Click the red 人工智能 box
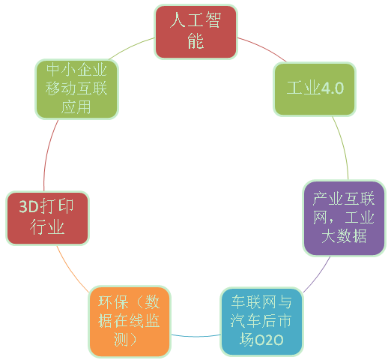tap(195, 31)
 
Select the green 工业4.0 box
tap(315, 89)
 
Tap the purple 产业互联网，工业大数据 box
tap(345, 218)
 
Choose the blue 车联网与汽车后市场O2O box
tap(261, 322)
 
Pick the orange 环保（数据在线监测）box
tap(130, 322)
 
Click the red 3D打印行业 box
tap(47, 218)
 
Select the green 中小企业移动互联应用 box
tap(76, 89)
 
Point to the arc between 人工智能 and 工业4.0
tap(263, 47)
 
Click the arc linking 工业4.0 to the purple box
tap(343, 147)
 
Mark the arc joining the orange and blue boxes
tap(195, 336)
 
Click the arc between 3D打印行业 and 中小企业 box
tap(48, 154)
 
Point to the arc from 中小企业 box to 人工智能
tap(131, 46)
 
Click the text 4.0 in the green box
tap(333, 88)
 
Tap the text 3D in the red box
tap(28, 207)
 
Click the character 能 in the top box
tap(195, 40)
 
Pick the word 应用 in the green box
tap(76, 107)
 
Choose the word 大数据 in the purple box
tap(344, 235)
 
